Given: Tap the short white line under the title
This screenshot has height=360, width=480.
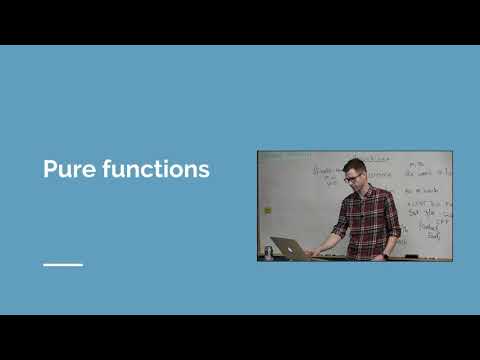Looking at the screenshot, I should pyautogui.click(x=63, y=265).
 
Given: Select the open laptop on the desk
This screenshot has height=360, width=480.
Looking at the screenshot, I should pyautogui.click(x=287, y=247).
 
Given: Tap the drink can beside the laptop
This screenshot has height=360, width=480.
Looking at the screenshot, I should pyautogui.click(x=267, y=251).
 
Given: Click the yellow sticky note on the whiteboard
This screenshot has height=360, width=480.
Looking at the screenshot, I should pyautogui.click(x=267, y=210).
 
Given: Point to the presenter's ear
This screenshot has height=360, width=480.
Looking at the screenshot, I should pyautogui.click(x=365, y=177).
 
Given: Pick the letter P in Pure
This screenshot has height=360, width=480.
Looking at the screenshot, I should pyautogui.click(x=49, y=169).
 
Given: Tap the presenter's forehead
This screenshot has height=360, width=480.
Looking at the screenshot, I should pyautogui.click(x=353, y=171).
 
